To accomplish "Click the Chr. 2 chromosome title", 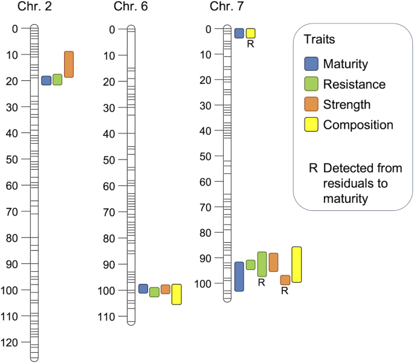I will click(x=34, y=7).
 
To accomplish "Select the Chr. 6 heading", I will click(x=129, y=7).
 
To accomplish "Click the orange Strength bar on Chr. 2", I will click(x=69, y=64).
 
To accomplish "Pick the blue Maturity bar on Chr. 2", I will click(x=46, y=80).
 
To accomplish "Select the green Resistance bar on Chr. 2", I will click(x=57, y=79).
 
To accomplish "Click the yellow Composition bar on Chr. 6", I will click(x=176, y=294).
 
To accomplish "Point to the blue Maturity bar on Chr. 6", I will click(x=143, y=289).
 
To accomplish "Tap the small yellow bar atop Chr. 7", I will click(x=250, y=33).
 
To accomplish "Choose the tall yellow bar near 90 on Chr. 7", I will click(x=296, y=265).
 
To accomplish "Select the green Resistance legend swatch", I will click(x=311, y=85).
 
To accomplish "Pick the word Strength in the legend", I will click(x=346, y=105).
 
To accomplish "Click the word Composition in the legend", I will click(x=358, y=125).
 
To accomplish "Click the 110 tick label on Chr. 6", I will click(x=109, y=316).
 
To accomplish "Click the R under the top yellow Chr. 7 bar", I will click(x=250, y=44).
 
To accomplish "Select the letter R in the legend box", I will click(x=312, y=168).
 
